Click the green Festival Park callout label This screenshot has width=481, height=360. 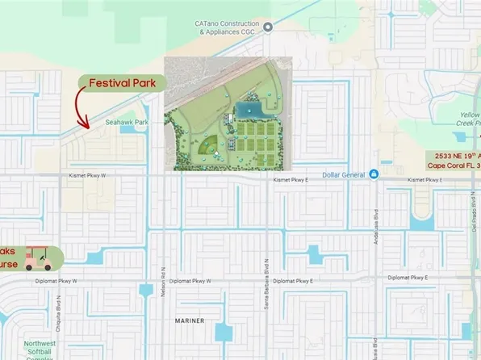point(122,82)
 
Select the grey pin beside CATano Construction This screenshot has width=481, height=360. point(268,27)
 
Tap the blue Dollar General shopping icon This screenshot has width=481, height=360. point(374,174)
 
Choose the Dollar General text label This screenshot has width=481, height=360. point(343,174)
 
